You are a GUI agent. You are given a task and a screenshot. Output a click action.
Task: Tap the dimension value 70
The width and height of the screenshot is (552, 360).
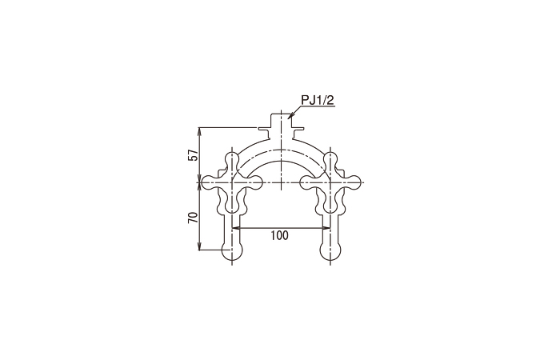(193, 218)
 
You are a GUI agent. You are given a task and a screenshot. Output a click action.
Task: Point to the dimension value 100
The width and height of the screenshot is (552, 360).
(280, 237)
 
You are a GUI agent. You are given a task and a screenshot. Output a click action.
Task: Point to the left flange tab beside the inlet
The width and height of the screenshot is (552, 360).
(266, 128)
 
